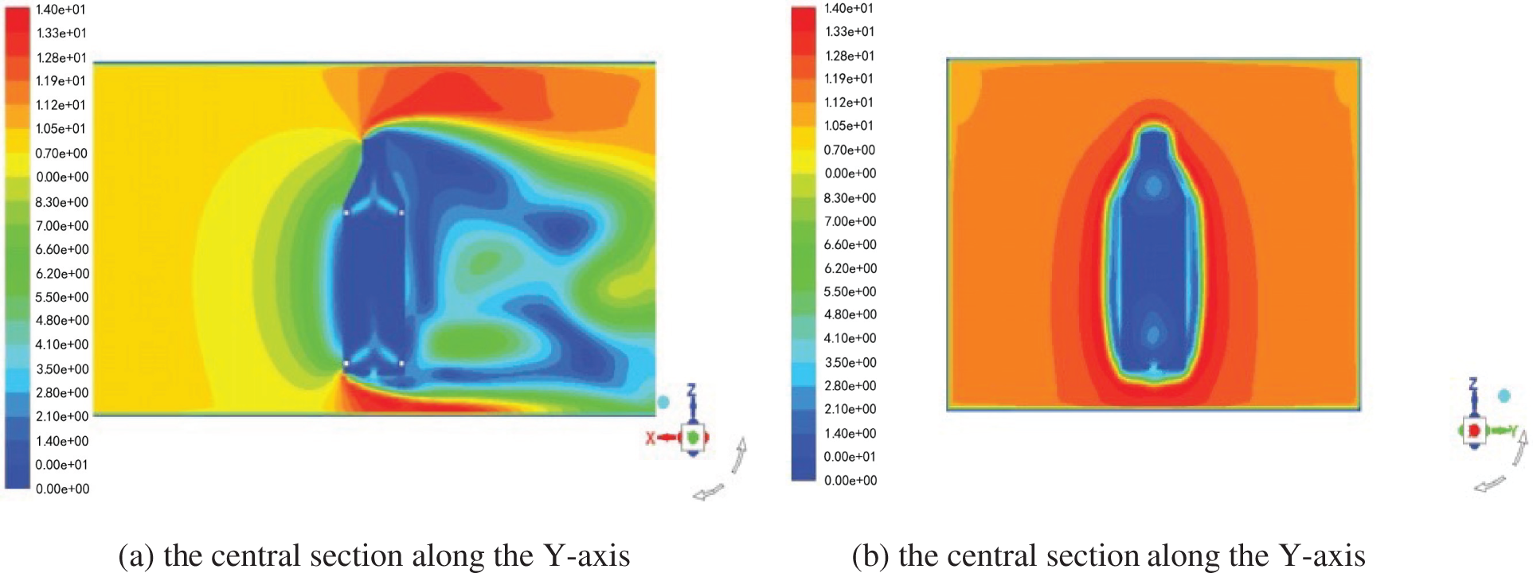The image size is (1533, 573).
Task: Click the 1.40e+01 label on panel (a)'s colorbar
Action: tap(61, 10)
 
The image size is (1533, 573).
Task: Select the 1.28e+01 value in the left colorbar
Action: tap(61, 57)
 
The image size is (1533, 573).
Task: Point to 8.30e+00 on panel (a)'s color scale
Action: tap(61, 202)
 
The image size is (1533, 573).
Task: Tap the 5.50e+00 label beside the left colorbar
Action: tap(61, 297)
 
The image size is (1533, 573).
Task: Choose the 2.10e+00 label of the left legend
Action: tap(61, 416)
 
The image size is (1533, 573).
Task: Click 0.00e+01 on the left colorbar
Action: tap(61, 465)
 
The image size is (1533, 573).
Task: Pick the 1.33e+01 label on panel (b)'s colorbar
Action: tap(850, 32)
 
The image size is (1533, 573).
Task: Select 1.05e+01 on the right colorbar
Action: tap(850, 126)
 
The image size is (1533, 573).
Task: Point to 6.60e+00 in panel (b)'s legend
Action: tap(850, 244)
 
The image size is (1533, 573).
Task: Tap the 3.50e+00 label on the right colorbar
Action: tap(850, 362)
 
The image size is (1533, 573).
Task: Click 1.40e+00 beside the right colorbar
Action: tap(850, 433)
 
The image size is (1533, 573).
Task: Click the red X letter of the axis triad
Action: tap(651, 438)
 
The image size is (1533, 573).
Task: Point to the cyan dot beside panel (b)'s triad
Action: tap(1504, 396)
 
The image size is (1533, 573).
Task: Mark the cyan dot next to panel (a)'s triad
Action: tap(663, 402)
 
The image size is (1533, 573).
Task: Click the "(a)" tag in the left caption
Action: tap(135, 555)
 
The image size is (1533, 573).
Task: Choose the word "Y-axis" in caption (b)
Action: tap(1322, 555)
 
